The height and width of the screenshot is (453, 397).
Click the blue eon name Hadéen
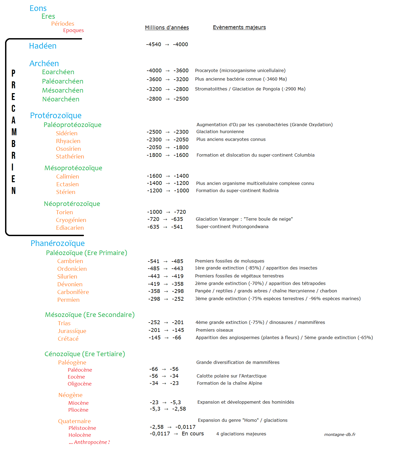point(43,46)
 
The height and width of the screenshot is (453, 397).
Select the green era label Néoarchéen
point(61,99)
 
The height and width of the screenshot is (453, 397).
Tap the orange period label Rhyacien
point(68,141)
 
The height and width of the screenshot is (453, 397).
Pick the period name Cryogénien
point(71,220)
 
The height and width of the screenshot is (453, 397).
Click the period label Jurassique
point(72,331)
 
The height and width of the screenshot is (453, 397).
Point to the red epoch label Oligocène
point(79,384)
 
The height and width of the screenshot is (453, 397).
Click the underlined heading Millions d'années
point(167,27)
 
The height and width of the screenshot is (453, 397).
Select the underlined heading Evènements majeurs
point(239,27)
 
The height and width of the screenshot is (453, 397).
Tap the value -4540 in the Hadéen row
point(154,45)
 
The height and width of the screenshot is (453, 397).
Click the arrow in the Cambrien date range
point(165,261)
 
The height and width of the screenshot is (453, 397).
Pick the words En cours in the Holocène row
point(193,434)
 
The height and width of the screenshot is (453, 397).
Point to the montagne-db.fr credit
point(340,435)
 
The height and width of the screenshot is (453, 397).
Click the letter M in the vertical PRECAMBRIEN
point(14,132)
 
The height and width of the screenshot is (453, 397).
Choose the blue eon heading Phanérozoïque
point(58,243)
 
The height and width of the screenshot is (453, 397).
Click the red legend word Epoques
point(73,30)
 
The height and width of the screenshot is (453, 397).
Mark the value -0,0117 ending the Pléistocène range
point(185,427)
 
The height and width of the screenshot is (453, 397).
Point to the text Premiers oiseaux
point(214,330)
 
